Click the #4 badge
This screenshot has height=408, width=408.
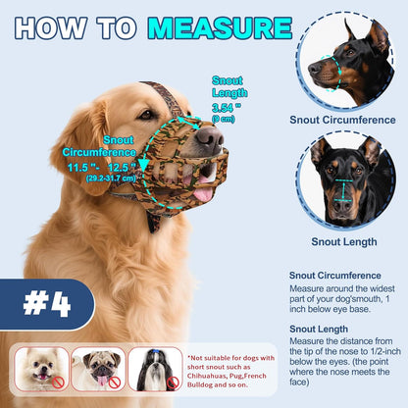[x=46, y=304]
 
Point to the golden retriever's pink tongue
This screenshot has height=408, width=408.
[x=203, y=193]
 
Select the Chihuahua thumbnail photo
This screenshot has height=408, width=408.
[x=41, y=370]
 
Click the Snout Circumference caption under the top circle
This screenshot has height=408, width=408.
[x=343, y=120]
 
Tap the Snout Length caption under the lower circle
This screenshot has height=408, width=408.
[x=343, y=241]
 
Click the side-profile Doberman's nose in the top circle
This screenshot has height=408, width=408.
[x=313, y=70]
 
